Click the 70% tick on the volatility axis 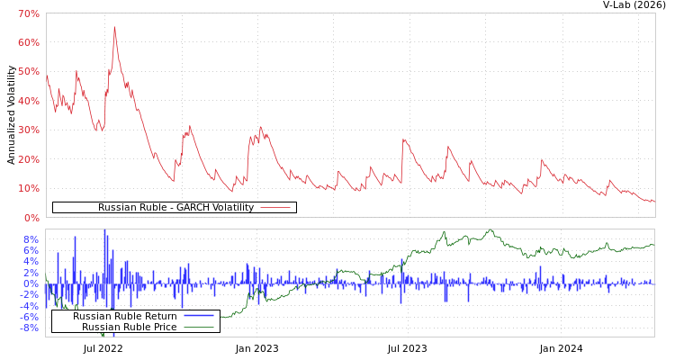(28, 13)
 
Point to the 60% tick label (28, 42)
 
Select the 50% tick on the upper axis (28, 72)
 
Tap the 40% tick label (28, 101)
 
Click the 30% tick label (28, 130)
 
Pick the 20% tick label (28, 159)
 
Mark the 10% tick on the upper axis (28, 188)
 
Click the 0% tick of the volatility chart (31, 218)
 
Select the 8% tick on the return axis (31, 239)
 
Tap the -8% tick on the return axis (29, 328)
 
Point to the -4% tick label (29, 305)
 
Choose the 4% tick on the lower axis (31, 261)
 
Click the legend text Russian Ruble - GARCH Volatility (175, 208)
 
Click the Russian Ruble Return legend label (124, 316)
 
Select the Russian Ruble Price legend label (129, 327)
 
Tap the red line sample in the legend (275, 208)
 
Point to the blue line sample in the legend (199, 316)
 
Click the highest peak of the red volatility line (114, 27)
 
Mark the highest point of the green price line (490, 230)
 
